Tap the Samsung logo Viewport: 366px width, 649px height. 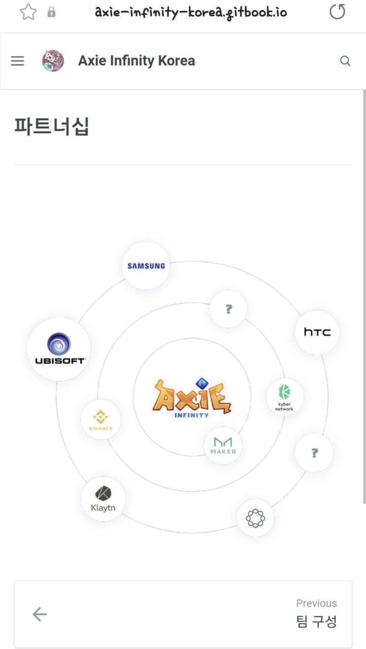point(146,266)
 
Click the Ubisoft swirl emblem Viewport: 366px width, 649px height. point(59,344)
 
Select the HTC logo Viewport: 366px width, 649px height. point(317,332)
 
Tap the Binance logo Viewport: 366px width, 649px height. point(100,420)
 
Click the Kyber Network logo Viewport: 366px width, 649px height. point(284,397)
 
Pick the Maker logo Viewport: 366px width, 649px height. point(223,446)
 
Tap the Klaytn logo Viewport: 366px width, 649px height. point(103,499)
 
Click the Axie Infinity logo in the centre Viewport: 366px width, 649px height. point(192,398)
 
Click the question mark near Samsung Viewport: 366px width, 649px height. point(229,309)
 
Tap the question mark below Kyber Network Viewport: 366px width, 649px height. point(314,453)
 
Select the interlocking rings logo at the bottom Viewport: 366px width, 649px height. point(255,518)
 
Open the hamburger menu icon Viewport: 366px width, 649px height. point(17,61)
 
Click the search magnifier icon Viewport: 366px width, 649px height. point(345,61)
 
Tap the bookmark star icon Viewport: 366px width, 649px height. point(28,12)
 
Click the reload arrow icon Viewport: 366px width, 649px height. point(337,12)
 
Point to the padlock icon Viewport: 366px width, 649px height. point(51,12)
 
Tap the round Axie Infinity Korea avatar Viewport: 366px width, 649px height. point(53,61)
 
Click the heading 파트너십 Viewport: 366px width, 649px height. point(52,127)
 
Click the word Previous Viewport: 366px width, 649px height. point(316,603)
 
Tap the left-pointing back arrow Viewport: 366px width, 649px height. point(40,614)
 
